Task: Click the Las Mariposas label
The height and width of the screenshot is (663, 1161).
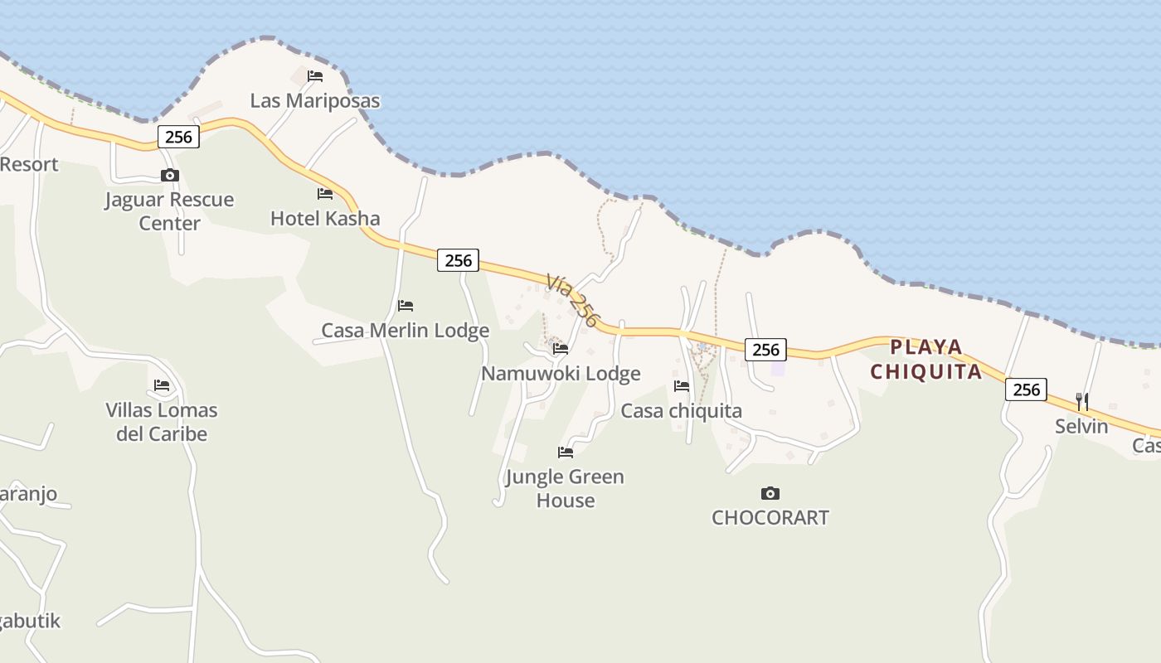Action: (x=315, y=101)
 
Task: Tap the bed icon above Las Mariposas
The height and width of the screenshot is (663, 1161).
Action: (x=315, y=76)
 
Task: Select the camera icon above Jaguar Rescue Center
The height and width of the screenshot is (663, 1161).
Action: (x=170, y=175)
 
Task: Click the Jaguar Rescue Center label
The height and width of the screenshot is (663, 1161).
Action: (x=169, y=211)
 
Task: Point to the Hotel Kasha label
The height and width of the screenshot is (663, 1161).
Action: (x=325, y=219)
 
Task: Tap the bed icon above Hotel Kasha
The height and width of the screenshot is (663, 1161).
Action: (x=325, y=194)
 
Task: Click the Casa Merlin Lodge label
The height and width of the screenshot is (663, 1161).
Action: (x=406, y=331)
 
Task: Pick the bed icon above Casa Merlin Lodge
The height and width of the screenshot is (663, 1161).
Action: (x=406, y=306)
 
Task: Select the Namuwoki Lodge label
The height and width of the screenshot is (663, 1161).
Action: (x=561, y=374)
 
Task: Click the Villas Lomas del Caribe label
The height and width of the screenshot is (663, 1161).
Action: (x=162, y=422)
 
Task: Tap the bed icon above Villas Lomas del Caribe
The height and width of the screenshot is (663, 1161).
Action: (x=162, y=385)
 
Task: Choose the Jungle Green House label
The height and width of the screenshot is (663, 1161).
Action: (x=565, y=488)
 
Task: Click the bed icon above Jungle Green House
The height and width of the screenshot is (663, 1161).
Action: (x=566, y=452)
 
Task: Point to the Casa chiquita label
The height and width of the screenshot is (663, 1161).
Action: (x=682, y=411)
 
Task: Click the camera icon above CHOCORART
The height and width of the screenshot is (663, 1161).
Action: (x=770, y=493)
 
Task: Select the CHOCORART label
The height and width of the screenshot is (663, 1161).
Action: (x=770, y=518)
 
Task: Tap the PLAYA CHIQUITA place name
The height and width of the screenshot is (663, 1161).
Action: (x=926, y=359)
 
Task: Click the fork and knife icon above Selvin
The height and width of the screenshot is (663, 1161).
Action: (x=1082, y=402)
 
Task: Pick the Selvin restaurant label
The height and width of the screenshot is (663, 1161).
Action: (x=1081, y=427)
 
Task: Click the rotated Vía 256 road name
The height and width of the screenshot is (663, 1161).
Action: (x=572, y=300)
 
